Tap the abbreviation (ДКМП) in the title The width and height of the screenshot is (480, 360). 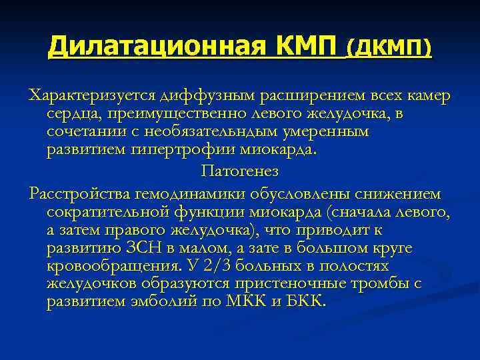pos(389,47)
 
